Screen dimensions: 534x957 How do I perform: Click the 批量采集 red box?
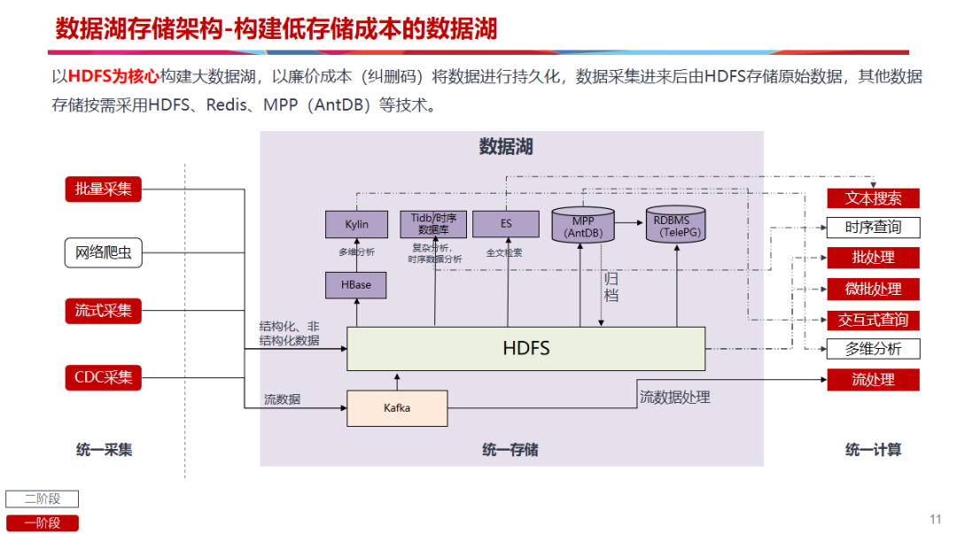pos(103,189)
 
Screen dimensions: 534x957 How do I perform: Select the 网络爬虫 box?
pos(103,253)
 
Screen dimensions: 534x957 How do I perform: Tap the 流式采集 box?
pos(103,311)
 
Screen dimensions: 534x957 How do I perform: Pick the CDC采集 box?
pos(103,377)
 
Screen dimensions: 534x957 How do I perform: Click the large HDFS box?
pos(525,348)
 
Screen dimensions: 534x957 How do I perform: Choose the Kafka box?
pos(397,408)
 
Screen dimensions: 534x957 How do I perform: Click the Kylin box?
pos(356,224)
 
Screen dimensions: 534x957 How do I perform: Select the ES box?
pos(506,224)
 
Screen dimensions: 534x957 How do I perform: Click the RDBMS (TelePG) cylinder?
pos(677,226)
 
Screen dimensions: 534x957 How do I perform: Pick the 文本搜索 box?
pos(873,197)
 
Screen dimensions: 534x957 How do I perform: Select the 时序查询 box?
pos(873,228)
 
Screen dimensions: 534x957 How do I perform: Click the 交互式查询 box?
pos(873,320)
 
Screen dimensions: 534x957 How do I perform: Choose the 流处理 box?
pos(873,380)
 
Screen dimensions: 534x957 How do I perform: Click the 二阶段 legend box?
pos(43,499)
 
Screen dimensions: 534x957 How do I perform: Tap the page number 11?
pos(935,519)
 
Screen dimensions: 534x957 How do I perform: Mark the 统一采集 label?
pos(104,450)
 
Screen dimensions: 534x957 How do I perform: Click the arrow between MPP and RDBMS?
pos(628,223)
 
